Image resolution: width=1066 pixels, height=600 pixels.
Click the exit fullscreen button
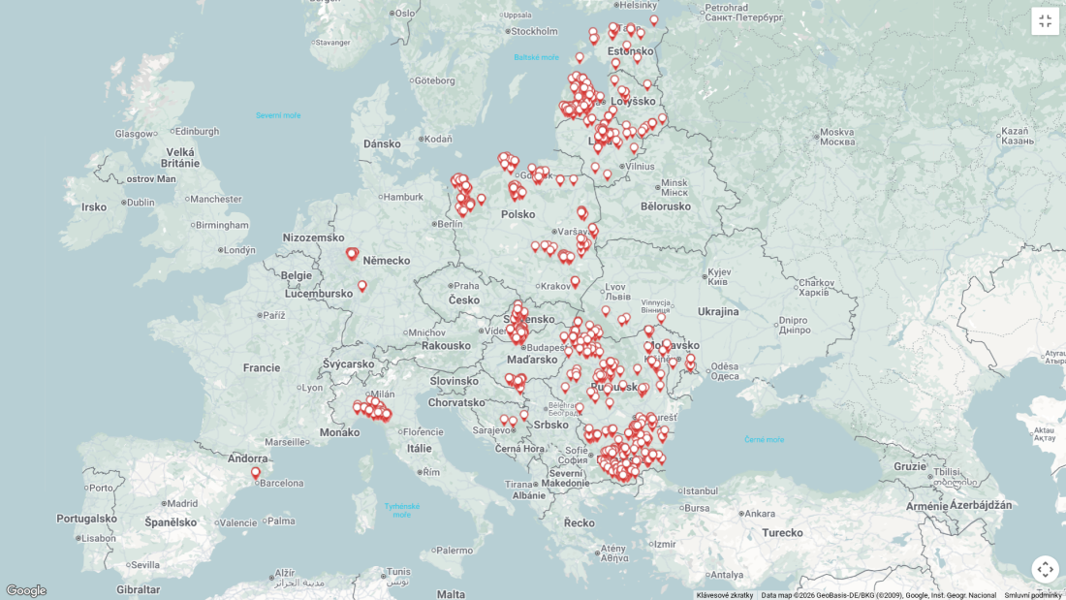1045,21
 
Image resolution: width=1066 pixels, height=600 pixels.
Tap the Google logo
25,590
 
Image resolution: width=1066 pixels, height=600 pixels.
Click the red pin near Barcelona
256,473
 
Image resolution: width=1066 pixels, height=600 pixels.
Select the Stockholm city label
535,31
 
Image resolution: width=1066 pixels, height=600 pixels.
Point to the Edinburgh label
197,132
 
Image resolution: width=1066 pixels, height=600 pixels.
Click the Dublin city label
140,203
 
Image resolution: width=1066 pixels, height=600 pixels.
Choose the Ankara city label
759,514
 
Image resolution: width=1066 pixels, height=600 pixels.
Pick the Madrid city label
181,503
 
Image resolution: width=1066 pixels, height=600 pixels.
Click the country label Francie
262,367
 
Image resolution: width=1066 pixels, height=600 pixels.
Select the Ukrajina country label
718,311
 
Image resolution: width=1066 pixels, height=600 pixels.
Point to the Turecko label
782,532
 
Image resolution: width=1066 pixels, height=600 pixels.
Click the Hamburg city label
403,197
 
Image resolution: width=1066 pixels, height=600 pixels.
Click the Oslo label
404,13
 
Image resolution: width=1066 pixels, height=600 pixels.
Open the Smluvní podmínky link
1032,595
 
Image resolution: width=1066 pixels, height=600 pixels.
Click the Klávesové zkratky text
724,595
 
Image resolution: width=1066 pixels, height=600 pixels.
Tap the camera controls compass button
1045,569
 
